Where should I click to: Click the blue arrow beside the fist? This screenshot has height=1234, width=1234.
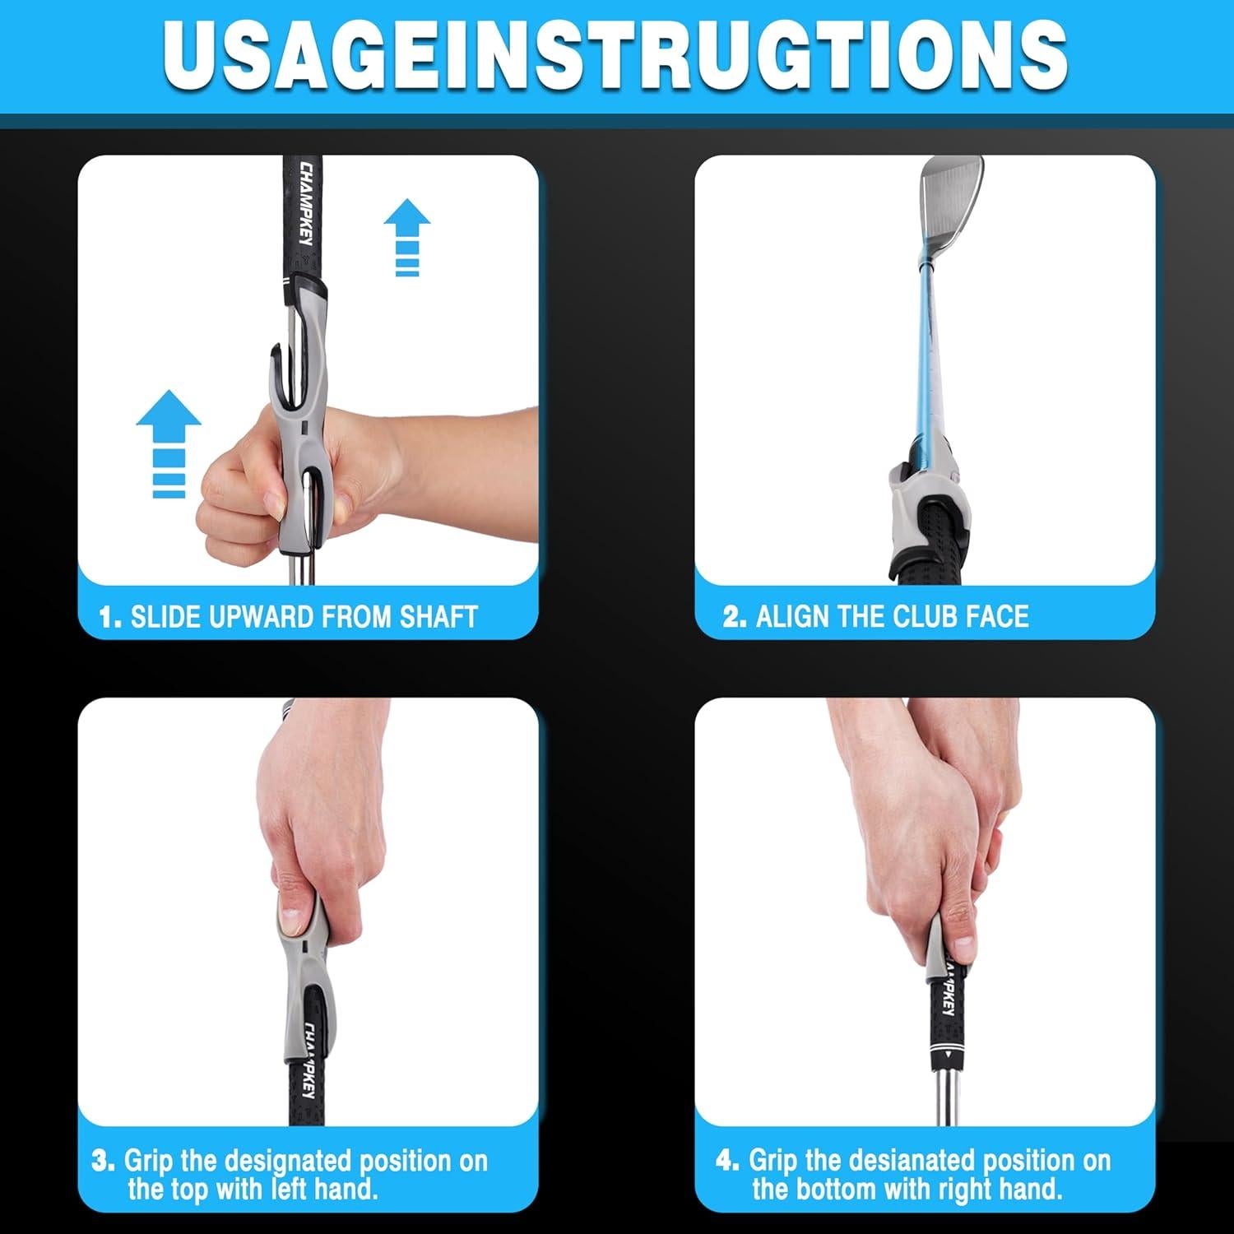point(169,443)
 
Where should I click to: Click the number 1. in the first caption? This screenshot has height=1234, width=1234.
point(110,617)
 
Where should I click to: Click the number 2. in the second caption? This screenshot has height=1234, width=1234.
point(735,617)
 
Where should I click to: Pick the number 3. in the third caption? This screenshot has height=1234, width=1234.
point(104,1161)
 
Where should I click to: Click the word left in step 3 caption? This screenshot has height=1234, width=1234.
point(283,1189)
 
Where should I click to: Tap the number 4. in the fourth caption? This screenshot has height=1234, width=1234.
point(727,1161)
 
